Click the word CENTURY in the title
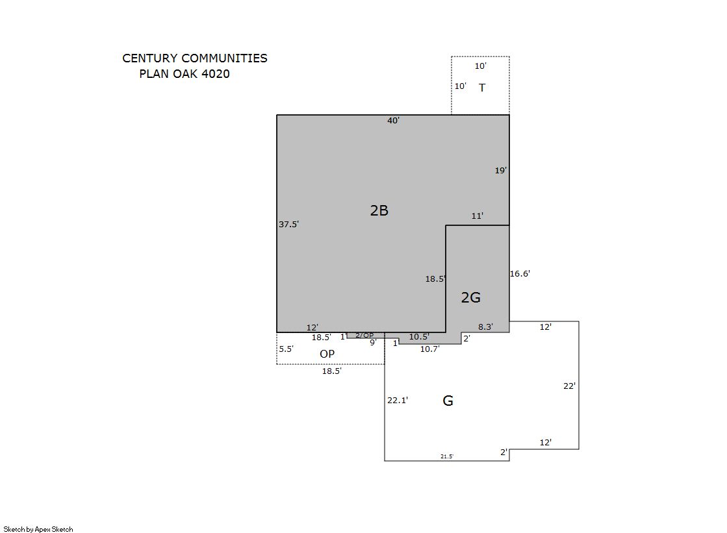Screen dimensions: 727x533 [150, 58]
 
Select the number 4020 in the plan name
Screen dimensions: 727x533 [216, 74]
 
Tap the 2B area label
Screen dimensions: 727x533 [379, 210]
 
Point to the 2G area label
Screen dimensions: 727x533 [470, 297]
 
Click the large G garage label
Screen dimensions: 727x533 [448, 401]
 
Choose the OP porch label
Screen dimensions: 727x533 [327, 354]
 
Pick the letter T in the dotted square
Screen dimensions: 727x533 [482, 88]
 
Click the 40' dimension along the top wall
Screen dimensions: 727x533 [394, 121]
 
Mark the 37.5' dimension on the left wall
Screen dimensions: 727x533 [289, 225]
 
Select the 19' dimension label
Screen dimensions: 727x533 [501, 171]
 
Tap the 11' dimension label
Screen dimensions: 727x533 [478, 216]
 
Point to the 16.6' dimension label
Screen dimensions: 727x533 [520, 274]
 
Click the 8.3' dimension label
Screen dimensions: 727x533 [486, 327]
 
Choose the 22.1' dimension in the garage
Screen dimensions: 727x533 [398, 401]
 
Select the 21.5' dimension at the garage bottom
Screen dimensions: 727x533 [447, 456]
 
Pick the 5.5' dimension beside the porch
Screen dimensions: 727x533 [286, 349]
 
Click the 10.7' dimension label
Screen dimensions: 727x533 [430, 349]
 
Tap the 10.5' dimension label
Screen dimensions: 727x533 [419, 337]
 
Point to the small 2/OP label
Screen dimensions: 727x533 [364, 336]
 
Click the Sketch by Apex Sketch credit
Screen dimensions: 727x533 [38, 529]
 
